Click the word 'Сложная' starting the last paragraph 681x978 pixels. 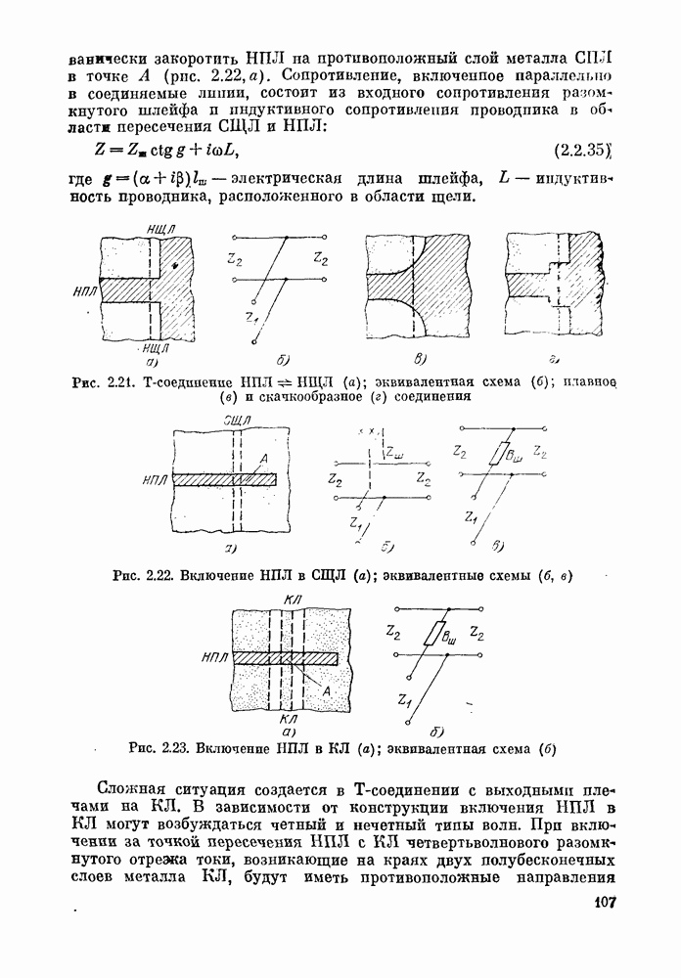pyautogui.click(x=137, y=789)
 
